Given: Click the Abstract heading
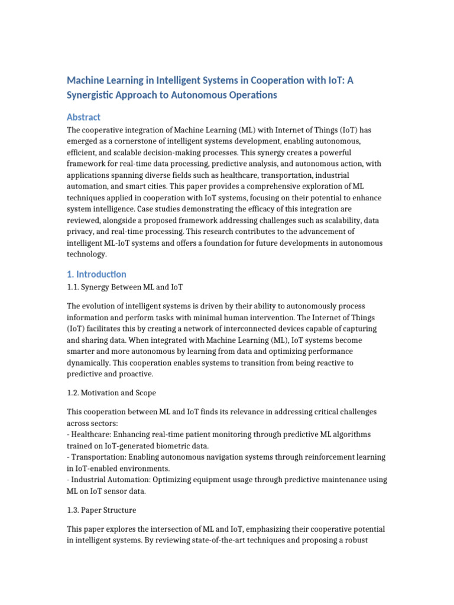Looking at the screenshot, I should click(x=83, y=117).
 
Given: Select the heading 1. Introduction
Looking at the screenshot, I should click(x=96, y=274).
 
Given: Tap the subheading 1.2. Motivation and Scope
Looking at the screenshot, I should click(x=111, y=392).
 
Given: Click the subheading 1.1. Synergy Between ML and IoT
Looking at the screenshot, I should click(x=125, y=287).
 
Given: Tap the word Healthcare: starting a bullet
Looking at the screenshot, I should click(x=92, y=434).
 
